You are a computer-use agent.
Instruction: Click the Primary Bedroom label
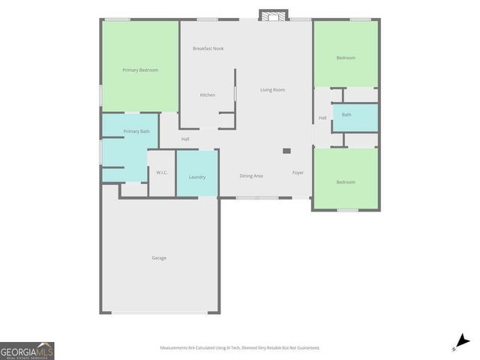(140, 70)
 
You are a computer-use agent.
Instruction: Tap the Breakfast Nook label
(208, 49)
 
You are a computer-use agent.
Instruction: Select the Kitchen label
(208, 95)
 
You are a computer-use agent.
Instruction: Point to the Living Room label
(272, 90)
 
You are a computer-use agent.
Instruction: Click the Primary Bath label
(136, 132)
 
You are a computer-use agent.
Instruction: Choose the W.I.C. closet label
(162, 173)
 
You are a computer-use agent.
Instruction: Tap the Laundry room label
(197, 177)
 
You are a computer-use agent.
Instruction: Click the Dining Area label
(251, 175)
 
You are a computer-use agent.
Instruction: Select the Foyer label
(298, 173)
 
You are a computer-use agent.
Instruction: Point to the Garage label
(159, 258)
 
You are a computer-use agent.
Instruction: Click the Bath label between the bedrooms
(346, 115)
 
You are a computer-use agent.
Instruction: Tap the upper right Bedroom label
(346, 58)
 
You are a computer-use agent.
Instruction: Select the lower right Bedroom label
(346, 182)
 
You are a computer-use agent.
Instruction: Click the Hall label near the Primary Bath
(184, 139)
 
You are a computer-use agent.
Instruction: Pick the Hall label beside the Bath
(322, 118)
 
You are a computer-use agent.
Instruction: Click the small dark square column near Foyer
(286, 151)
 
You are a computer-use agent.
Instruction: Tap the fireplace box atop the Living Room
(273, 14)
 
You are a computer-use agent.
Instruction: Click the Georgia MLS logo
(27, 351)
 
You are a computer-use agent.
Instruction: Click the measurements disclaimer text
(239, 348)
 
